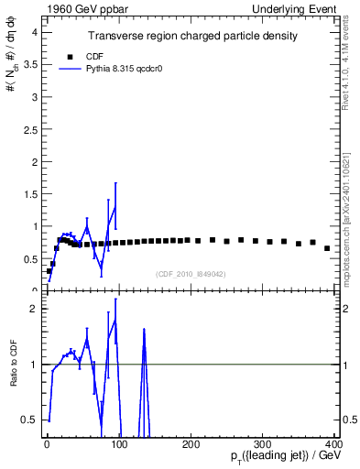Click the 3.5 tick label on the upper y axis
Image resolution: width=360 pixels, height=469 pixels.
click(30, 64)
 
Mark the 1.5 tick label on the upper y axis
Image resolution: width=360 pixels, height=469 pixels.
click(30, 193)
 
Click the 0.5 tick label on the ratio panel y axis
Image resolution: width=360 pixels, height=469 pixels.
click(30, 420)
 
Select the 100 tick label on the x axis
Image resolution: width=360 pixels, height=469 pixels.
click(119, 443)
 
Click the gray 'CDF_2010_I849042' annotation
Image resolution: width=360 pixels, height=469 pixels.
click(191, 274)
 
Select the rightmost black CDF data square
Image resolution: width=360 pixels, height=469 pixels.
click(327, 248)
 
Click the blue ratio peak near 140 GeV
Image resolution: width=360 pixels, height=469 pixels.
click(144, 332)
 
